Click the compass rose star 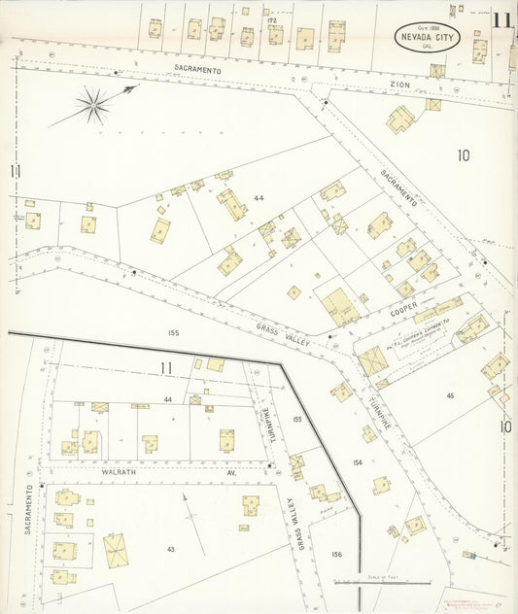(93, 105)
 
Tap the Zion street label (400, 85)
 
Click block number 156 (336, 554)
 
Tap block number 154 (358, 463)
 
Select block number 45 (451, 394)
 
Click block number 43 (170, 550)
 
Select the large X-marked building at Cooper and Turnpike (373, 360)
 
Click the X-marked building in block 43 (116, 551)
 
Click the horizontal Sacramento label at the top (198, 70)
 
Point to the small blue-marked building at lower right (470, 555)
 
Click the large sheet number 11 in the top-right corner (502, 20)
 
